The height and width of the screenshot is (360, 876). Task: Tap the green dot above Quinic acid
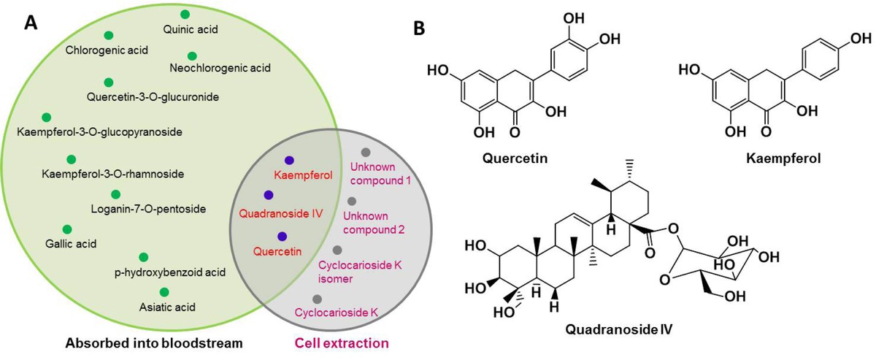pos(185,14)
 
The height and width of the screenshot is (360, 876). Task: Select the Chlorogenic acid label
pos(107,50)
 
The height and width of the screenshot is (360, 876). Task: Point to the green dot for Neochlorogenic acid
pos(192,55)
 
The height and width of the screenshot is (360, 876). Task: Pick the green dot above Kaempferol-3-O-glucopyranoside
pos(47,117)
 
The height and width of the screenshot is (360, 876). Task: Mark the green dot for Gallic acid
pos(67,229)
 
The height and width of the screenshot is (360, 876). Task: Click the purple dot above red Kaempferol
pos(290,160)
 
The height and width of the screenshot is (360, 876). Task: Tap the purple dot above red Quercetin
pos(280,236)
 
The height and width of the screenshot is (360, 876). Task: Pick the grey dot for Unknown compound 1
pos(366,151)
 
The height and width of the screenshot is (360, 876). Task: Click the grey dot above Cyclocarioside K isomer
pos(337,250)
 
